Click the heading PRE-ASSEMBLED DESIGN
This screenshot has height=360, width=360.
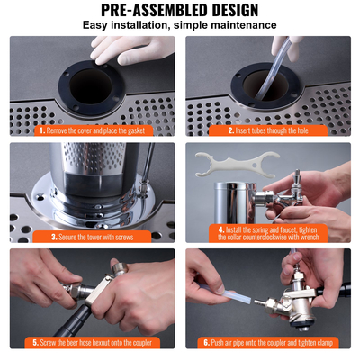[180, 10]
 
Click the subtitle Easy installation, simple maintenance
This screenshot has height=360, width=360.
[180, 25]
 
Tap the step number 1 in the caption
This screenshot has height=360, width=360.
[41, 130]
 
